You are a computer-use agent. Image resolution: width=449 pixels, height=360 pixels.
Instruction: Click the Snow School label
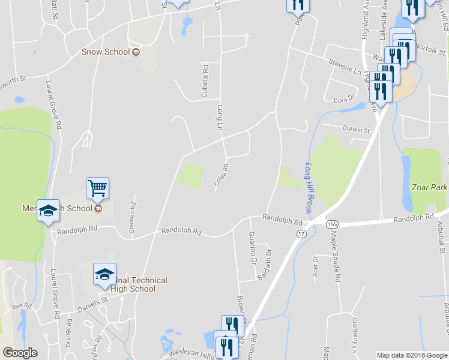106,52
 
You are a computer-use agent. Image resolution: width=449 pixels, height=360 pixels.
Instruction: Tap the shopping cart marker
97,188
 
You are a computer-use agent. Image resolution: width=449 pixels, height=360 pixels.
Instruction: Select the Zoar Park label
430,187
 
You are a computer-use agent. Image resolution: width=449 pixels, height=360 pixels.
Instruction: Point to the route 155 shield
333,224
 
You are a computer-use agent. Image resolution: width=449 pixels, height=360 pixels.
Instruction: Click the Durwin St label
356,128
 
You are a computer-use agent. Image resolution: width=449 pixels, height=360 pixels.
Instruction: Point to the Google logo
20,353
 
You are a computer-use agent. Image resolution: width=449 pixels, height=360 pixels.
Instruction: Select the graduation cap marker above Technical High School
105,275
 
